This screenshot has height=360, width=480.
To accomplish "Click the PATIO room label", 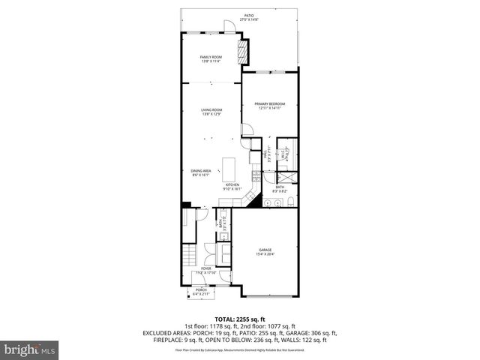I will click(x=248, y=17).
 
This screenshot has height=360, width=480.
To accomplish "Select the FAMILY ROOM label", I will click(x=211, y=59).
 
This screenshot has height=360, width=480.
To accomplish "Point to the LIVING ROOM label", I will click(x=211, y=112).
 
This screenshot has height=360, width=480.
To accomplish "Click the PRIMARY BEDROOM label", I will click(x=269, y=106).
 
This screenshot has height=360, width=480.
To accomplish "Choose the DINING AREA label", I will click(x=200, y=172).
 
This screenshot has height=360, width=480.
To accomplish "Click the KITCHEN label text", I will click(x=232, y=187).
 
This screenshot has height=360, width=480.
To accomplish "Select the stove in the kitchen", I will click(x=256, y=177).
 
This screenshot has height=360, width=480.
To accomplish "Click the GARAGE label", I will click(x=265, y=251).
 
